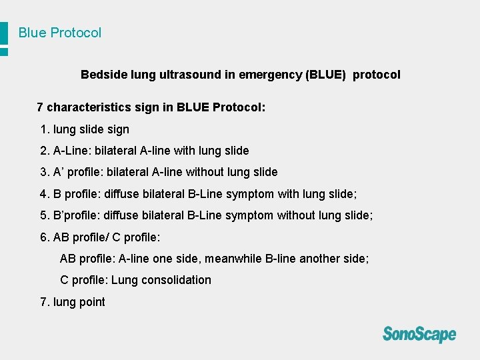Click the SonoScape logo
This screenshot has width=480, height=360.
click(x=419, y=333)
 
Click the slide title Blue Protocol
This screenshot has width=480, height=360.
click(x=60, y=33)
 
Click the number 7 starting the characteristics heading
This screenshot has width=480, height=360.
click(x=40, y=107)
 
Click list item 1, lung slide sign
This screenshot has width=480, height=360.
click(x=85, y=129)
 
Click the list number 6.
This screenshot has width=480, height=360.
click(x=45, y=237)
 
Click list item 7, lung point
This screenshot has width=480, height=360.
click(x=73, y=302)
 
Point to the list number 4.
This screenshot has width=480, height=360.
click(x=44, y=194)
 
